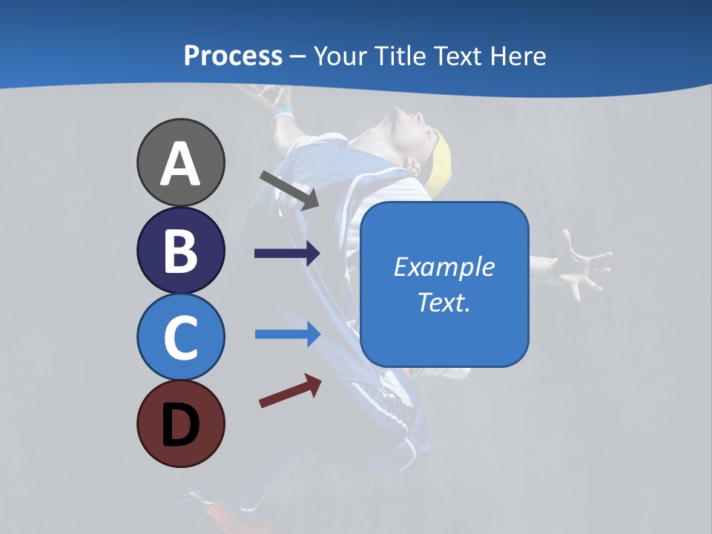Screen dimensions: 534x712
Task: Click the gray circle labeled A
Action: pos(180,162)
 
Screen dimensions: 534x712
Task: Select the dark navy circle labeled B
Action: pos(180,250)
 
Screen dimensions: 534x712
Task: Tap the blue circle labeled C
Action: pos(180,337)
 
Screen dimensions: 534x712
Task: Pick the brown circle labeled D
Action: pos(180,423)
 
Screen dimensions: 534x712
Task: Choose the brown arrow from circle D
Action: pos(290,391)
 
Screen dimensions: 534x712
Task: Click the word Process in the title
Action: pos(233,56)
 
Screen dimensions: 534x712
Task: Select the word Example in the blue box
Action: pos(444,267)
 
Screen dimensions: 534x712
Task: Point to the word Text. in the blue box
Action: pos(444,302)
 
